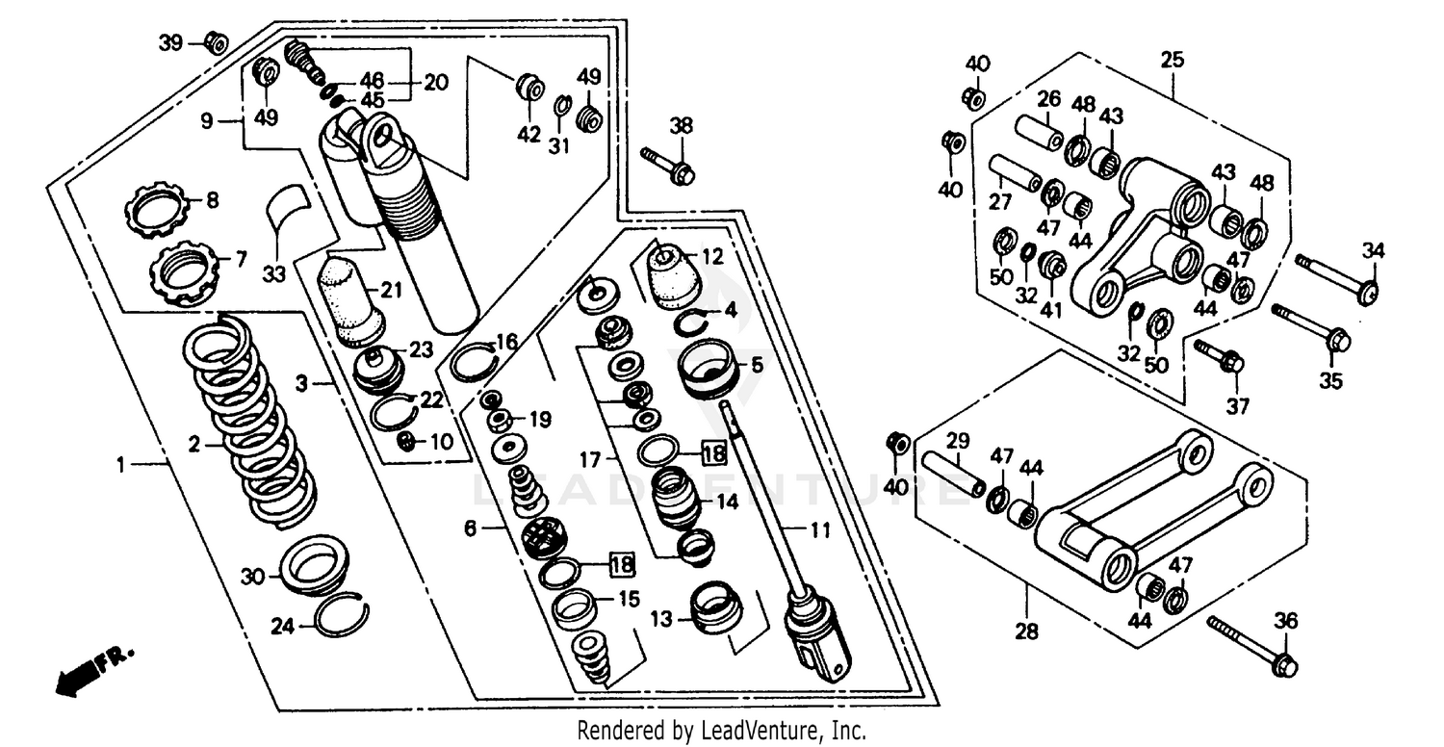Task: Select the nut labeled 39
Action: click(x=217, y=43)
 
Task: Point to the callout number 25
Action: click(x=1172, y=60)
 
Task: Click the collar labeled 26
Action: click(x=1039, y=132)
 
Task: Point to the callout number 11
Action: click(x=817, y=528)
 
